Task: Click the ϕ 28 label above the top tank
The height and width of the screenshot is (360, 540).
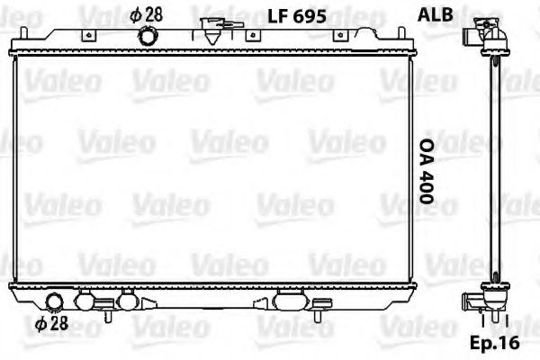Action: (x=146, y=14)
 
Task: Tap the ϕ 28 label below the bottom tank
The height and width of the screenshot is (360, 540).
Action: (x=52, y=324)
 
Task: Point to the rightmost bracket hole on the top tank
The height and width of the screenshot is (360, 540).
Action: (x=340, y=36)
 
